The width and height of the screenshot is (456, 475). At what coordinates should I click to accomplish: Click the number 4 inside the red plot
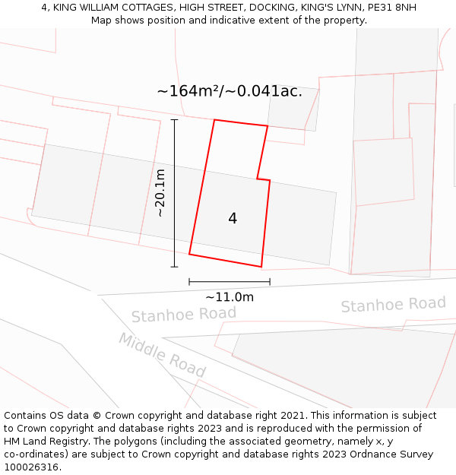coord(233,219)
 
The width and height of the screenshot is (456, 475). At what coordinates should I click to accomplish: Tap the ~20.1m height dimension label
coord(160,193)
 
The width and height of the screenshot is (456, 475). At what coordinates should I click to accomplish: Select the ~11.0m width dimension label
coord(230,297)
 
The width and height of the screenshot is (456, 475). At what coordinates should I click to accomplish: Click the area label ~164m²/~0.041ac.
coord(230,91)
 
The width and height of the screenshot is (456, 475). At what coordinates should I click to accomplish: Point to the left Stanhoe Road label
coord(183,315)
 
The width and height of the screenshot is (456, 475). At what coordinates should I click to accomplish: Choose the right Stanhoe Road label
coord(393,305)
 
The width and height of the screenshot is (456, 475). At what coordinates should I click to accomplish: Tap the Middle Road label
coord(162,355)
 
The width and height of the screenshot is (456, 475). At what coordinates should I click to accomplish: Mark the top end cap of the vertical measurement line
coord(174,119)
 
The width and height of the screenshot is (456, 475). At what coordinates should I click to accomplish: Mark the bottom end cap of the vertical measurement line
coord(174,267)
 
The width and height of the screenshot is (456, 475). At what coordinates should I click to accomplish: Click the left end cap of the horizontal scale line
coord(189,282)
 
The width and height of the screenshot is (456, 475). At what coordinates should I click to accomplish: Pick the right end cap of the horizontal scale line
coord(270,282)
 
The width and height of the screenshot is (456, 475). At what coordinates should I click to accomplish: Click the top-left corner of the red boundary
coord(214,120)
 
